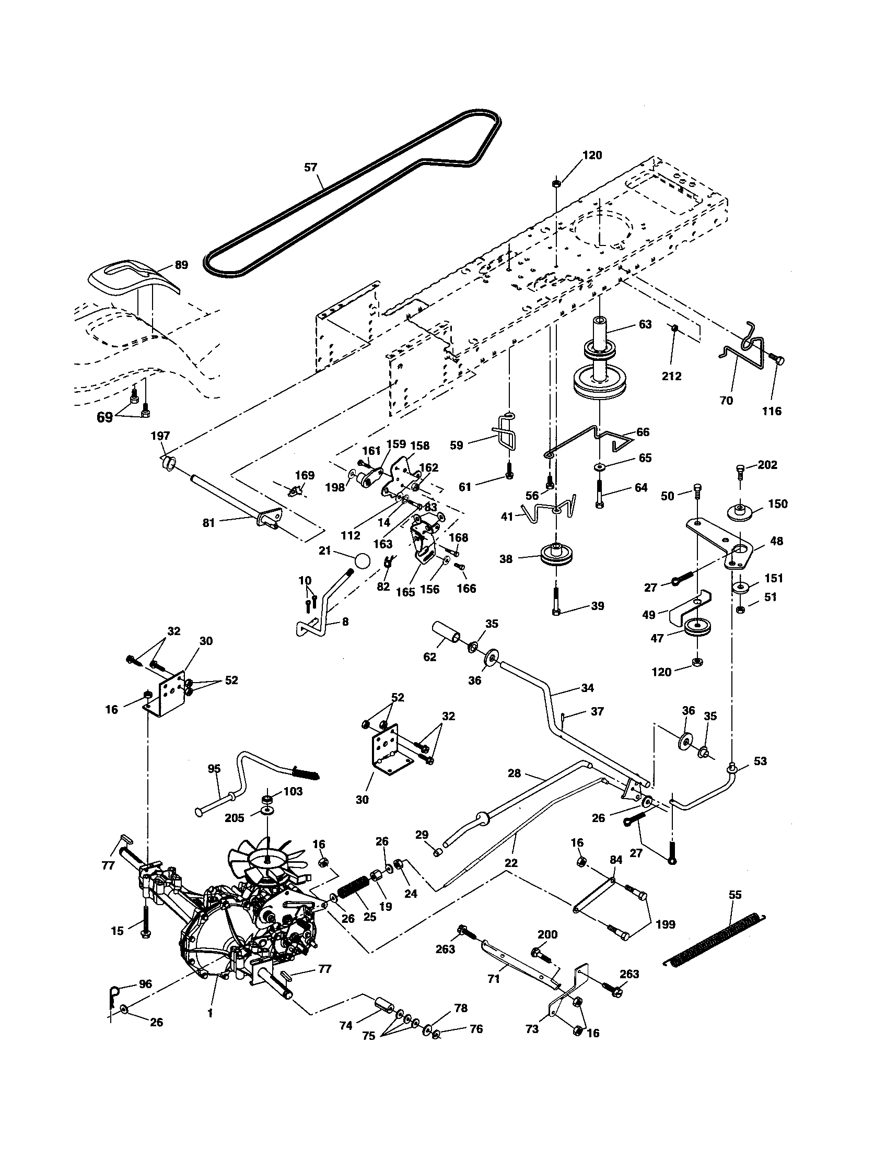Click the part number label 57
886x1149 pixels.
[x=311, y=168]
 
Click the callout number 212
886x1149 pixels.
[x=671, y=376]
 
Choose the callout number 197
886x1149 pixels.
[x=160, y=436]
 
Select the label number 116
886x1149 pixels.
[x=772, y=411]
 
